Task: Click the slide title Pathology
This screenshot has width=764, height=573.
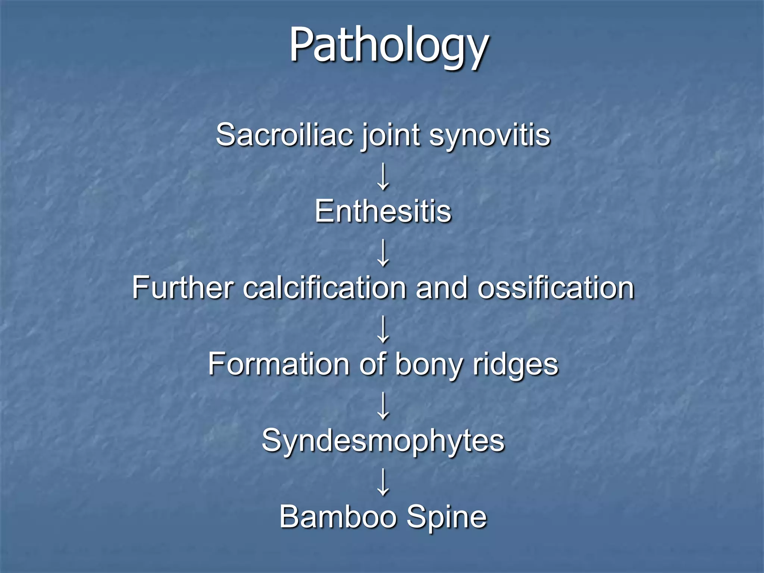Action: [x=389, y=46]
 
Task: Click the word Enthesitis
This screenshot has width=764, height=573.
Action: [x=383, y=212]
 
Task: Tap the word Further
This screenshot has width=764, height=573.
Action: [x=183, y=288]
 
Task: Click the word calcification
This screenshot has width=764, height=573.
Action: [x=325, y=288]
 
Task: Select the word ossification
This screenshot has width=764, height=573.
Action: [x=556, y=288]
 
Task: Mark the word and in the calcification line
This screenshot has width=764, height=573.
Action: [x=441, y=288]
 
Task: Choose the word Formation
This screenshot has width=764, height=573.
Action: [x=278, y=364]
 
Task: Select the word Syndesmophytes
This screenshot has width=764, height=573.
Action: [x=383, y=441]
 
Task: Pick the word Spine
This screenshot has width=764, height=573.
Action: [x=447, y=518]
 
